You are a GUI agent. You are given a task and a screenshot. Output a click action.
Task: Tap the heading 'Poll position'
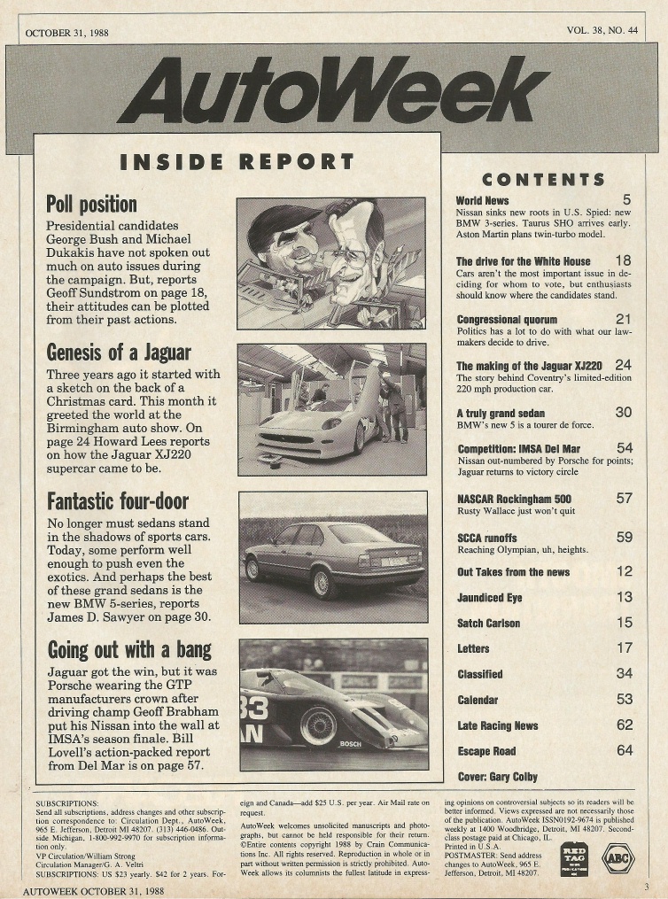pos(90,205)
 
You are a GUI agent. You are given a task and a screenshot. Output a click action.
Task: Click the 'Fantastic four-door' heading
pos(117,501)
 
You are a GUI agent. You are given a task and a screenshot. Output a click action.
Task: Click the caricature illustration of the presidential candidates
pos(332,263)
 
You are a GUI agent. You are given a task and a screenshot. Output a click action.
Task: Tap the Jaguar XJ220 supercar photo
pos(332,409)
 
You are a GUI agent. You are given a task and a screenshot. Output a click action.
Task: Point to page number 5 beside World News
pos(625,200)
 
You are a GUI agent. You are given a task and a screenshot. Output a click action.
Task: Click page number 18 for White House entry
pos(623,260)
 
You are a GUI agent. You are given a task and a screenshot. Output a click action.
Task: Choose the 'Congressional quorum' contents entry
pos(507,320)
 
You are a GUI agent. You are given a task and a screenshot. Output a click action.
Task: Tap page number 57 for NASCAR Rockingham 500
pos(624,499)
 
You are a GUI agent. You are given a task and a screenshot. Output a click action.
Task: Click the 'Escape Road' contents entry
pos(488,751)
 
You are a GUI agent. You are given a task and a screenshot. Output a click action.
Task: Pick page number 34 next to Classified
pos(624,674)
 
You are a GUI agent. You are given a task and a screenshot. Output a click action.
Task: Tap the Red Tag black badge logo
pos(574,858)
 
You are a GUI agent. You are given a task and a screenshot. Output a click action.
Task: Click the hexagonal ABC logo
pos(618,857)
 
